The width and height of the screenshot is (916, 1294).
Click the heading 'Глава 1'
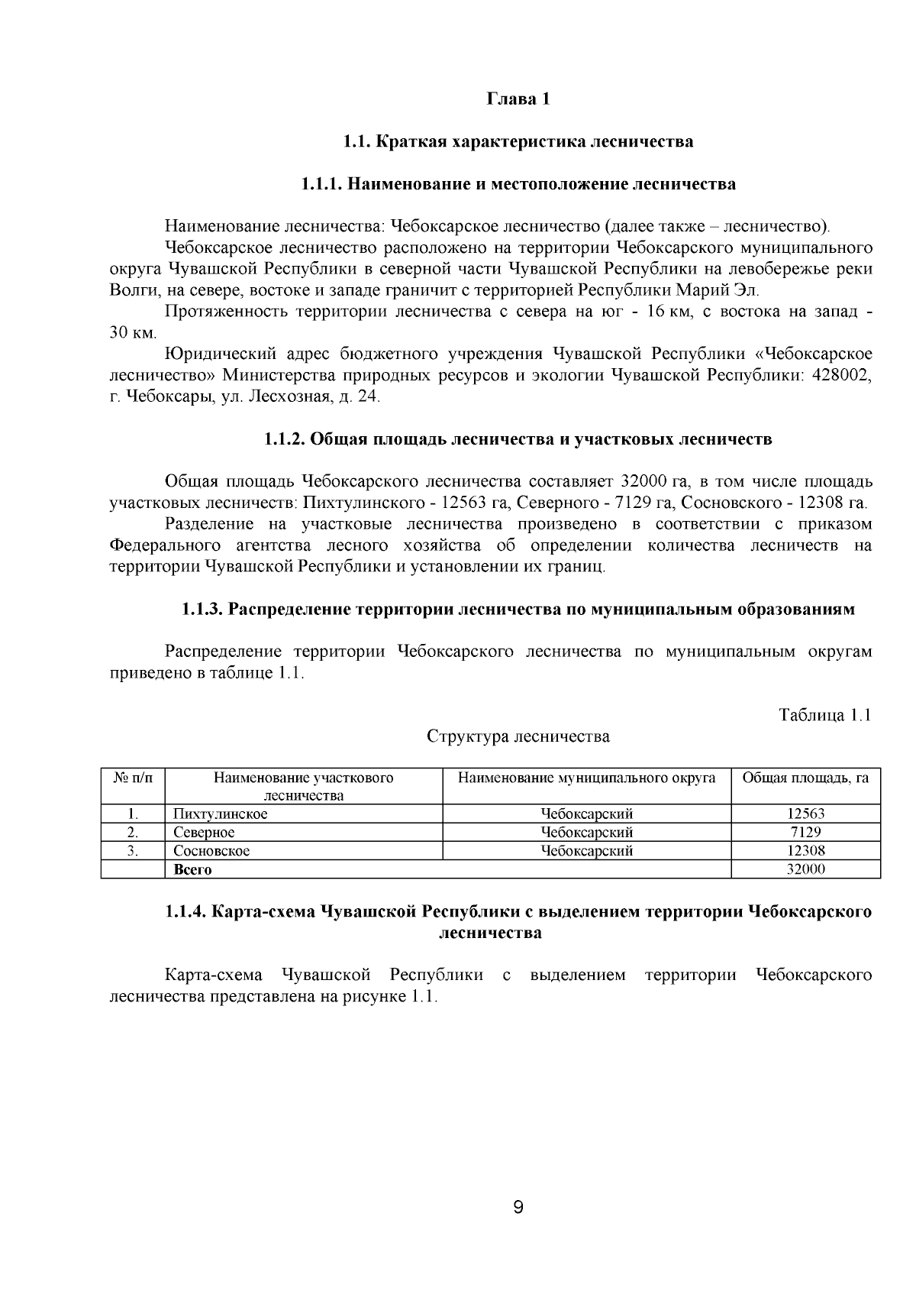(x=518, y=99)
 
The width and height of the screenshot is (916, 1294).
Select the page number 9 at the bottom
(x=518, y=1208)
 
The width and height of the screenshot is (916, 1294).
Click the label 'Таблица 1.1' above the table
(x=824, y=715)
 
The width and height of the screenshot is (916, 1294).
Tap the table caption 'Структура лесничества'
(x=518, y=736)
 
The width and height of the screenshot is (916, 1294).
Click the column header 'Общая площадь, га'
(x=805, y=778)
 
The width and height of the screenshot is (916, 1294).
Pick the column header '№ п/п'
(x=133, y=778)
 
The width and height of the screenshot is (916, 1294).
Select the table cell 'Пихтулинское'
(x=221, y=814)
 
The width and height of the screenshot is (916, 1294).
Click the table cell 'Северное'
(x=204, y=833)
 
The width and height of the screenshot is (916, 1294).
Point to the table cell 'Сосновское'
(x=211, y=851)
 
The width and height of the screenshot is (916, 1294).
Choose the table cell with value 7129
(x=805, y=833)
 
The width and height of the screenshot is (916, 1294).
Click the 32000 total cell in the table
(x=805, y=869)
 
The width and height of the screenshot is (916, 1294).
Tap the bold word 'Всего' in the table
(x=192, y=869)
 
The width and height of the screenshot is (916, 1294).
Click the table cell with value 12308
(x=805, y=851)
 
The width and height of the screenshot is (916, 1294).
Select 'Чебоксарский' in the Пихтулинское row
(x=586, y=814)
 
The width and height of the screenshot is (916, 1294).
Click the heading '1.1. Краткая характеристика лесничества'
(x=518, y=142)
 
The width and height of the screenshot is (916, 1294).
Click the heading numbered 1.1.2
(x=518, y=439)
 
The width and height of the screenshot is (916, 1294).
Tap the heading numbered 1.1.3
(x=518, y=610)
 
